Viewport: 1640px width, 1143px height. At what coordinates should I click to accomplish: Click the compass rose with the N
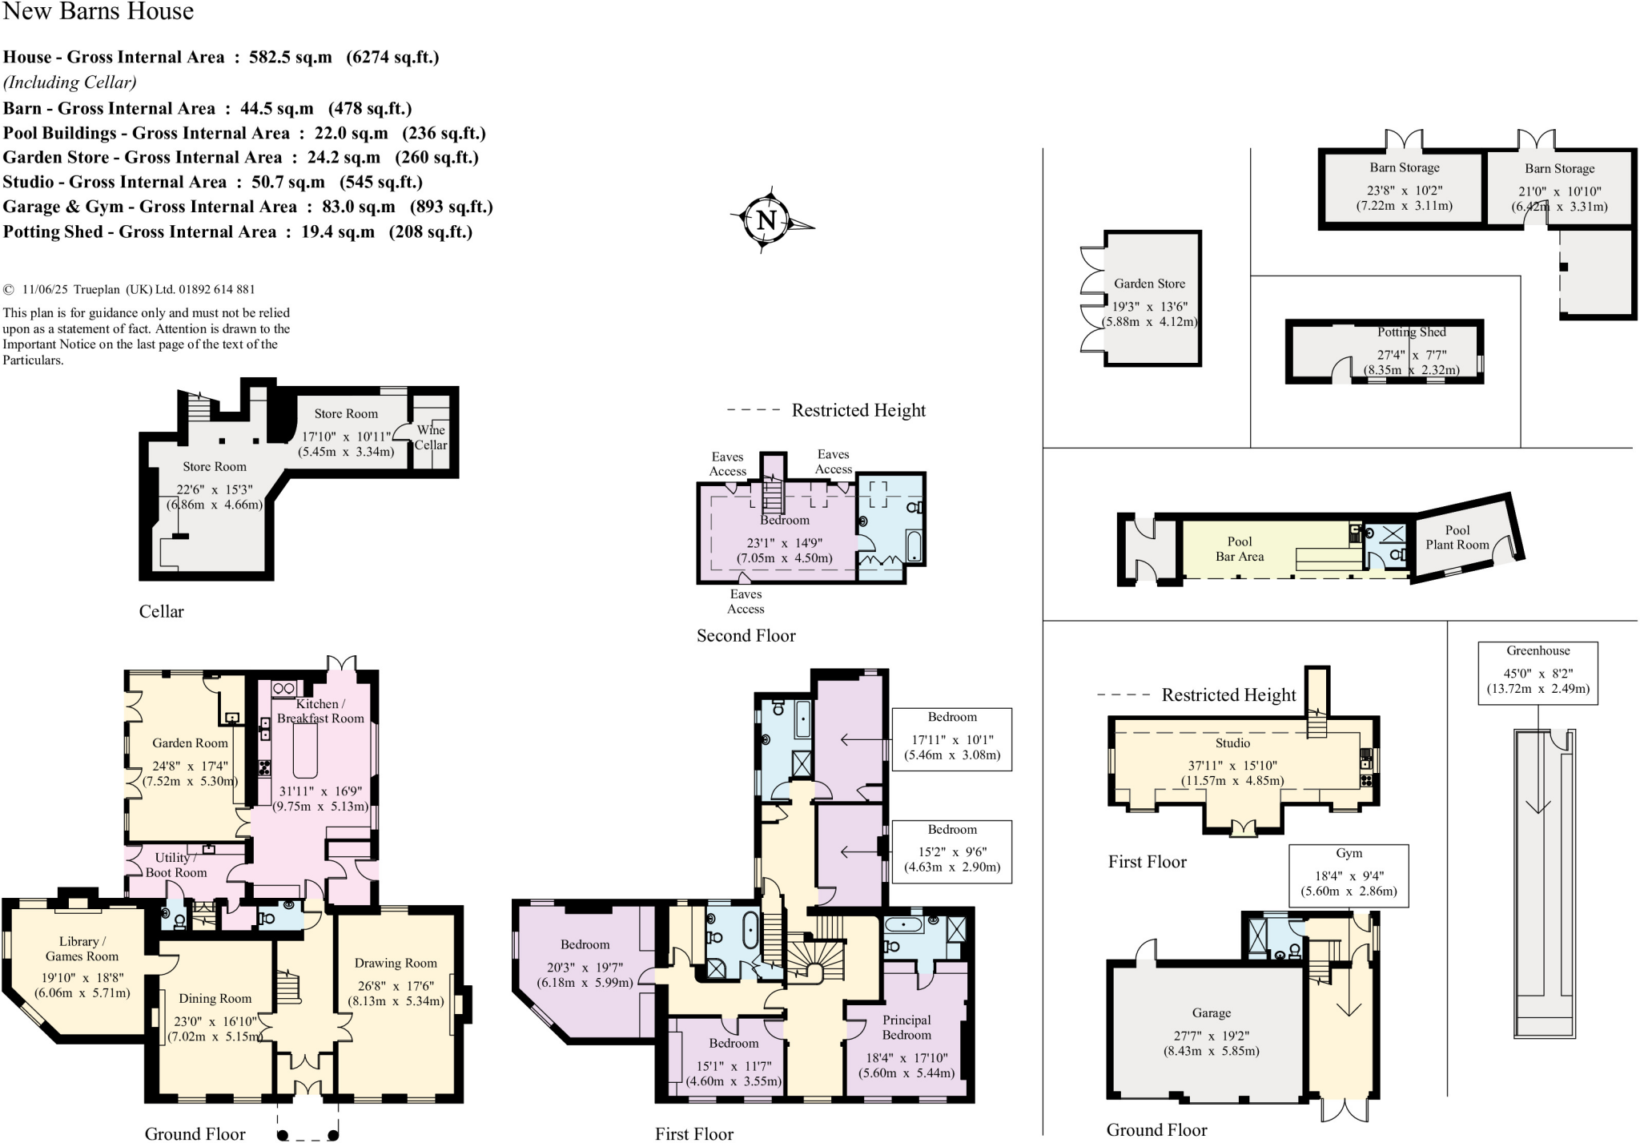[767, 220]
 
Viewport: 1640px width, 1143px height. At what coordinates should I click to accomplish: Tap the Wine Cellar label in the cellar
[431, 437]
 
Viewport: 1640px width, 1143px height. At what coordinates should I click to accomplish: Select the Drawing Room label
[396, 963]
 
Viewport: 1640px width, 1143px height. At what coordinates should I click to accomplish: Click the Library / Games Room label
[81, 948]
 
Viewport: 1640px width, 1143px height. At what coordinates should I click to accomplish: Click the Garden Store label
[1149, 284]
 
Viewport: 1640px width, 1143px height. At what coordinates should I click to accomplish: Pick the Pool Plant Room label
[1457, 537]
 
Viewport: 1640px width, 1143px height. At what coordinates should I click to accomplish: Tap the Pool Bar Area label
[1239, 549]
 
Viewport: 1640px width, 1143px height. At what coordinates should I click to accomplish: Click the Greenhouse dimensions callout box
[1537, 673]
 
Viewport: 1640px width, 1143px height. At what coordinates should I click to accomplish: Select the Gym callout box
[1348, 875]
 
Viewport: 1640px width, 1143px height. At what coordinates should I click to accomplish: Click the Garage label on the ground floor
[1211, 1013]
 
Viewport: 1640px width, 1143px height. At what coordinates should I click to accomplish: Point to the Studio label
[1232, 743]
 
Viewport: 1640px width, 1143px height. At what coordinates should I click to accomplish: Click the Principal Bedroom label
[906, 1027]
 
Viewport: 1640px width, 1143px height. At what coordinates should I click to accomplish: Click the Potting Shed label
[1411, 332]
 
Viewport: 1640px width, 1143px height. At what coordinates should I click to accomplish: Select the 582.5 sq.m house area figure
[290, 57]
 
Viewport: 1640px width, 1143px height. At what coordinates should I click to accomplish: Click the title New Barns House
[98, 11]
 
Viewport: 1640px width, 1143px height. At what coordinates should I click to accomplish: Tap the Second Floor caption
[746, 636]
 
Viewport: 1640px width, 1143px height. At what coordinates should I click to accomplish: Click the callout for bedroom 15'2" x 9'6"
[951, 851]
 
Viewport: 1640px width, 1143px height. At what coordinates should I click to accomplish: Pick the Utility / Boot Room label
[175, 864]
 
